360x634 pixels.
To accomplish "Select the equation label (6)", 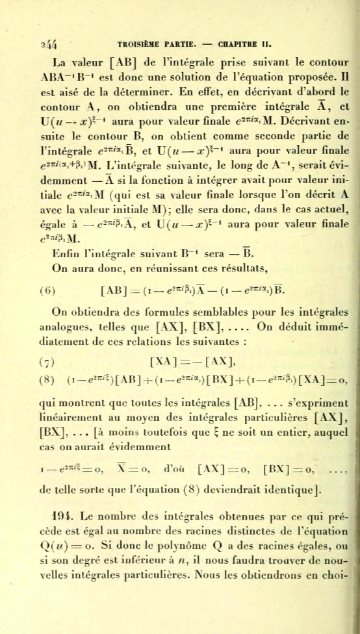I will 48,290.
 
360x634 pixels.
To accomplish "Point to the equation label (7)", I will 46,361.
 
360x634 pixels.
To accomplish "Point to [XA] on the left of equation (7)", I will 162,361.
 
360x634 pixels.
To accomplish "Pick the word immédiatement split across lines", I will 323,327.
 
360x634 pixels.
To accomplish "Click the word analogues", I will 66,327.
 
